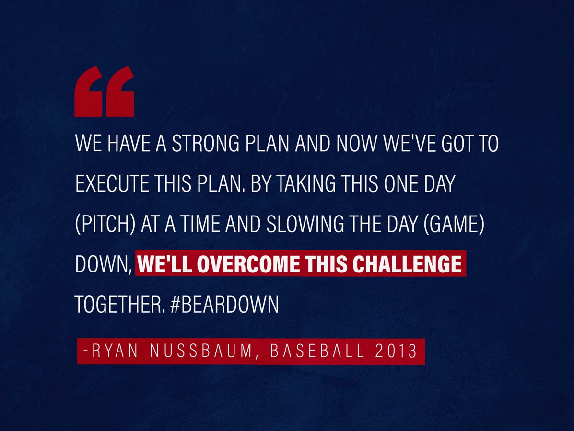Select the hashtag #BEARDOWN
pos(225,304)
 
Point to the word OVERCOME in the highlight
pos(248,263)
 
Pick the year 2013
pos(396,351)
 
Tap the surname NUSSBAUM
pos(201,351)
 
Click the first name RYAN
pos(115,351)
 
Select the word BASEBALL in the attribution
pos(317,351)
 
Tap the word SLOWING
pos(305,224)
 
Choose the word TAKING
pos(305,183)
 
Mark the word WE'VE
pos(410,143)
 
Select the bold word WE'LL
pos(165,263)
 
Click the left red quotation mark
pos(88,91)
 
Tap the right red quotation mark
pos(120,91)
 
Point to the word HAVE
pos(129,143)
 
